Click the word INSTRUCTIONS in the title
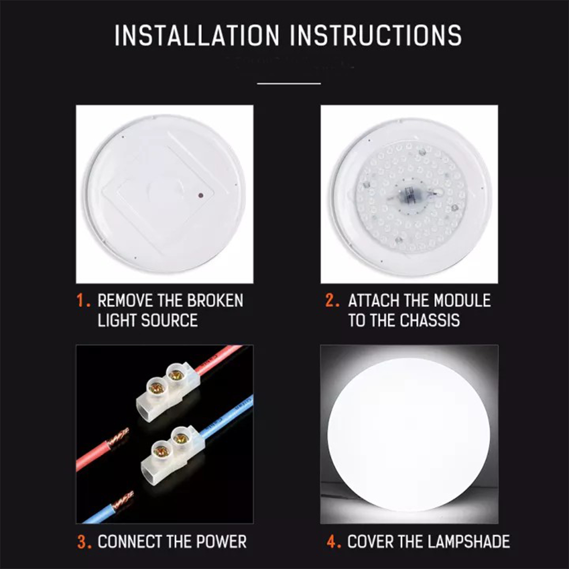tap(376, 35)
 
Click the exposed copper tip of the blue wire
tap(122, 498)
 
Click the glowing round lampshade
tap(409, 435)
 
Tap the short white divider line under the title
tap(289, 83)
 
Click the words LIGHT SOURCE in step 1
tap(148, 320)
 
